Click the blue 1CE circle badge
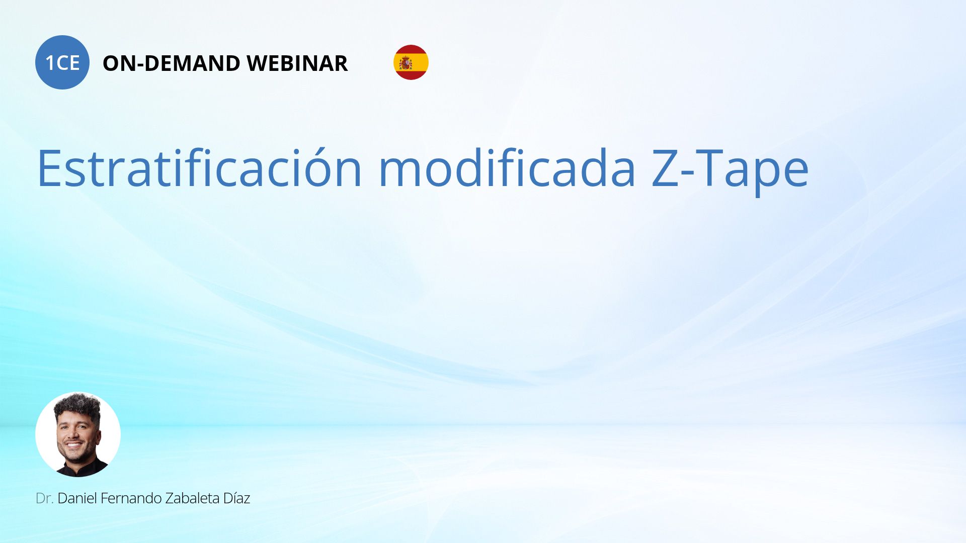click(62, 62)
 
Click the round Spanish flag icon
click(411, 62)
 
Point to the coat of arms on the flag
click(406, 63)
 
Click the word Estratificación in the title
click(200, 168)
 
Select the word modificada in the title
click(507, 168)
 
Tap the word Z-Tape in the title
click(730, 171)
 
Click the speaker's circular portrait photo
click(78, 434)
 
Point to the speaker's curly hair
click(78, 405)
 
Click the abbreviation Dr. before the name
click(45, 498)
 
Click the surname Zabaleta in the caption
click(193, 498)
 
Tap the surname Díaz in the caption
click(236, 498)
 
